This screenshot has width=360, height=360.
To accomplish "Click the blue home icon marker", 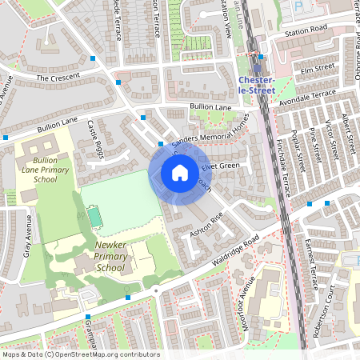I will coord(180,173).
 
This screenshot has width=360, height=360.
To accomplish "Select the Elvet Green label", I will coord(221,166).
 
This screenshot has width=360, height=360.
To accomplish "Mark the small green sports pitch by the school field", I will coord(95,216).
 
